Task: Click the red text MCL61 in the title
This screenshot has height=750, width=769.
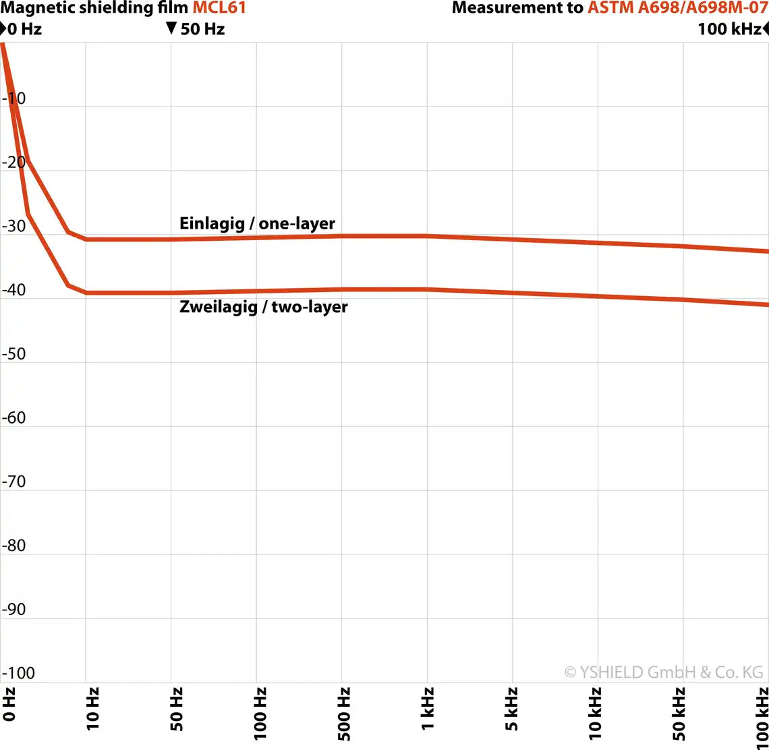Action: point(219,8)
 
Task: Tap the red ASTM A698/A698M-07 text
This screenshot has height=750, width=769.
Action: point(677,8)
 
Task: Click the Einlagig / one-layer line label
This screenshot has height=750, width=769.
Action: point(257,223)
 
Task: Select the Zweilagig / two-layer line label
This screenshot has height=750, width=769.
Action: point(264,307)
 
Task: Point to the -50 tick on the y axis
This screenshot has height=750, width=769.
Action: point(14,354)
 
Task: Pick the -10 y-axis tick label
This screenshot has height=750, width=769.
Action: point(14,98)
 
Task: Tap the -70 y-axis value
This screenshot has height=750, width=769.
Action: point(14,482)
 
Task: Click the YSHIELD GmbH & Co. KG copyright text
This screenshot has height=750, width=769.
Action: point(664,672)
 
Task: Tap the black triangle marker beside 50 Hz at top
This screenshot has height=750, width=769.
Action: point(171,28)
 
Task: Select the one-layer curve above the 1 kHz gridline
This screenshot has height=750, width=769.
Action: point(427,236)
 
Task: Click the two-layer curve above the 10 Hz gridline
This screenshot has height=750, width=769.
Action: point(86,293)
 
